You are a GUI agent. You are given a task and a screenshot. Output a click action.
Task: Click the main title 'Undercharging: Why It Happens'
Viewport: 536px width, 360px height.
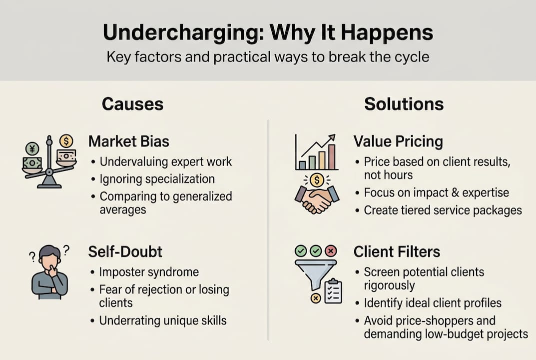[268, 32]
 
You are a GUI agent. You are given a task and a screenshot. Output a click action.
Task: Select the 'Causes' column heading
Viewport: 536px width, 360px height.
[132, 104]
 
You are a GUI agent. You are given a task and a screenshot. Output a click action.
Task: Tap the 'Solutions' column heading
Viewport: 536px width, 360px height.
[404, 104]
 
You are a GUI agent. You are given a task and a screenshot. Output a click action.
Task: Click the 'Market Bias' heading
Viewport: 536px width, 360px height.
[129, 141]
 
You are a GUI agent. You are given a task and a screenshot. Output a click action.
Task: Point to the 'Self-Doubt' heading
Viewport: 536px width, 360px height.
[125, 251]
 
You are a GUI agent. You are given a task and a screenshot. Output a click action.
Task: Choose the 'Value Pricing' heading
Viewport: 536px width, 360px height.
[398, 141]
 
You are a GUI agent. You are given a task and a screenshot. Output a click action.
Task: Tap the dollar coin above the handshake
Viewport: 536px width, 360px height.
[316, 179]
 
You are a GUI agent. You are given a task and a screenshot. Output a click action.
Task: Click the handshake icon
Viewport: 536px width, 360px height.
[317, 200]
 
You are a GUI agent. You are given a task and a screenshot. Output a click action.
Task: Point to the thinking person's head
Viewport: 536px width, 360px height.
[49, 255]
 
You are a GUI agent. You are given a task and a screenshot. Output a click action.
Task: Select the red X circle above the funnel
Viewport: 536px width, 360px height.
[331, 250]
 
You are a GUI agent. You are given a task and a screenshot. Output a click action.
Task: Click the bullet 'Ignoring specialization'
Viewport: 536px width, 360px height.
[157, 179]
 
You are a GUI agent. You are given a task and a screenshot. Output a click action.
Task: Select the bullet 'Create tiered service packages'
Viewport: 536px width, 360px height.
[443, 210]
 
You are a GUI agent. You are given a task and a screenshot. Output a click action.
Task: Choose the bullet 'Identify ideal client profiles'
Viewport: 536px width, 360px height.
[433, 303]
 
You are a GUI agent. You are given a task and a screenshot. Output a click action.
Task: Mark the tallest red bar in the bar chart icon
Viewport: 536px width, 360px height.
[331, 156]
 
